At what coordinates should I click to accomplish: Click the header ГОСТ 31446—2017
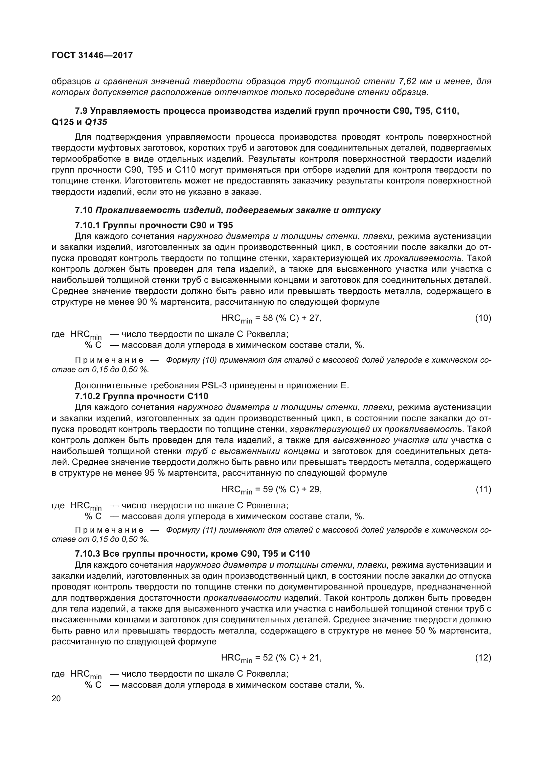click(92, 55)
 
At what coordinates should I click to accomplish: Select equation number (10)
click(483, 318)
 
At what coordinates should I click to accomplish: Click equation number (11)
click(483, 489)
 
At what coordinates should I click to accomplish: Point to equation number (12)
click(483, 658)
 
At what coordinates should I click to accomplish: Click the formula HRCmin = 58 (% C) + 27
click(271, 319)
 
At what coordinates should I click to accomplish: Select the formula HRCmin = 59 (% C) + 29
click(271, 490)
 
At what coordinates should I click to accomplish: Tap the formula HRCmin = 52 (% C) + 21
click(271, 658)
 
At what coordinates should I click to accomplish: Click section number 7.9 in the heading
click(81, 111)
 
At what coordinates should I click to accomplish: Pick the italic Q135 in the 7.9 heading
click(96, 122)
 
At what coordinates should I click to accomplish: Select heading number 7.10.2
click(87, 396)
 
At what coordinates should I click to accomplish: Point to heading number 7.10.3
click(87, 554)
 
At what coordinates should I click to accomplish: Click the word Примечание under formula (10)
click(109, 360)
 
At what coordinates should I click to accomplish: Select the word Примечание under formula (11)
click(109, 530)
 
